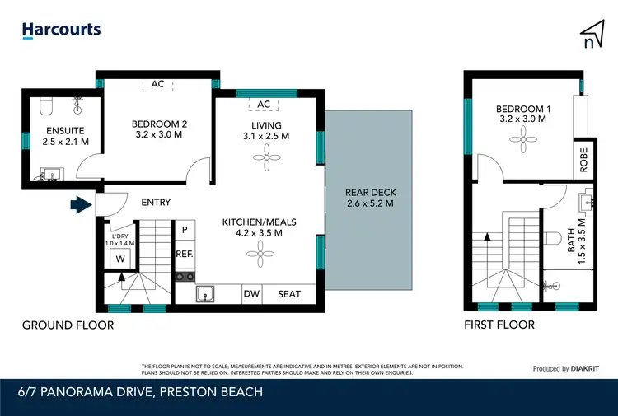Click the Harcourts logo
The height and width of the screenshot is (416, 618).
point(61,30)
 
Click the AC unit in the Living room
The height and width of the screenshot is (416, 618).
point(265,104)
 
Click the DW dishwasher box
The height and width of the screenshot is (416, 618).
point(251,294)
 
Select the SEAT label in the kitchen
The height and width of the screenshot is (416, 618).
point(289,294)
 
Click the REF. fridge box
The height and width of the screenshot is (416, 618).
point(184,255)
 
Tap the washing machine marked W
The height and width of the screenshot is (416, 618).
point(120,259)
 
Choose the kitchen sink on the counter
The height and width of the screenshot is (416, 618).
point(206,294)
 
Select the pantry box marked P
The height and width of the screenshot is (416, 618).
point(184,230)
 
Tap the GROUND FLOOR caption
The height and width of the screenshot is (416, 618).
point(68,325)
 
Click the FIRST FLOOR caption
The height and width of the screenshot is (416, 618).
point(499,325)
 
